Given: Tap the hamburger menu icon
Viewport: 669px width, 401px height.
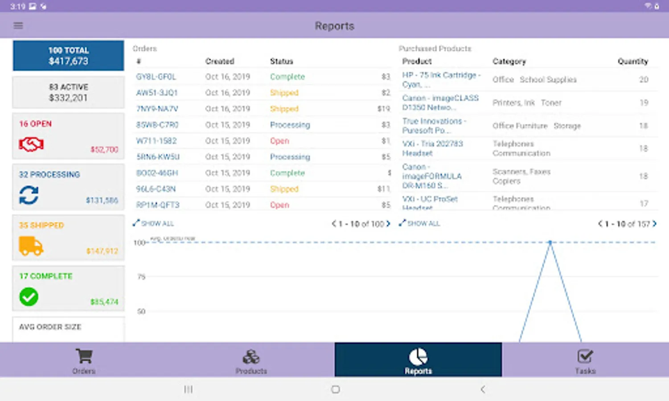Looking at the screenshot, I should click(x=18, y=25).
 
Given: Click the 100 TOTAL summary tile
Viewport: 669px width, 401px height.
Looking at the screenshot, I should click(x=68, y=56).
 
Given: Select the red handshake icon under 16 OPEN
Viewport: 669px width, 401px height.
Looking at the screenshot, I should click(x=31, y=144).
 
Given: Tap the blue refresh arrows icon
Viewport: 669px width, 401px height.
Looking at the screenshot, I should click(x=29, y=195).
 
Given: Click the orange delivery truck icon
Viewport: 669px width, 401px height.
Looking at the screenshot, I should click(x=31, y=246).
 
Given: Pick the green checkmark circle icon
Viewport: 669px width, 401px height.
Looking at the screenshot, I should click(x=29, y=297).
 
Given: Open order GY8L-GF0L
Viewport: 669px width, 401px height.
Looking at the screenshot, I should click(x=156, y=77).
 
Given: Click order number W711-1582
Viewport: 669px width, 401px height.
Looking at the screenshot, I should click(x=156, y=141).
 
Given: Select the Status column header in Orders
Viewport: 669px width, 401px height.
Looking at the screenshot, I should click(x=281, y=61).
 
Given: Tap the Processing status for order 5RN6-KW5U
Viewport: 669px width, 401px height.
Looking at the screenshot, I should click(x=290, y=157).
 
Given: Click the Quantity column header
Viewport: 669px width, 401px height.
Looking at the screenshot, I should click(x=632, y=61).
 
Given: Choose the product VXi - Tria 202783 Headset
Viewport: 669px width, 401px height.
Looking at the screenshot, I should click(x=432, y=148).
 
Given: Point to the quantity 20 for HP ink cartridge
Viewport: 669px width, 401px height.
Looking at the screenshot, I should click(x=643, y=79).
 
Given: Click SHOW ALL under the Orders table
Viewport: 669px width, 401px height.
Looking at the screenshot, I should click(x=154, y=223).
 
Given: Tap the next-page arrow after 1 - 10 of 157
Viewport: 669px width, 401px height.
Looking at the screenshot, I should click(x=655, y=224).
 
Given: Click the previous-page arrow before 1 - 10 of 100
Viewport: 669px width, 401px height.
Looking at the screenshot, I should click(x=333, y=224).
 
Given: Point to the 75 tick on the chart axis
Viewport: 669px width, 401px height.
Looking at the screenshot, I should click(x=141, y=277).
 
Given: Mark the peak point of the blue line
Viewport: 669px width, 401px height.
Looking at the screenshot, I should click(x=550, y=242).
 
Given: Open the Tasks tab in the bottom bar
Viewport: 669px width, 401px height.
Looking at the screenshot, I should click(x=585, y=360).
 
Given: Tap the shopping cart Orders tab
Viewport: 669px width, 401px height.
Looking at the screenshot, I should click(x=84, y=360).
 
